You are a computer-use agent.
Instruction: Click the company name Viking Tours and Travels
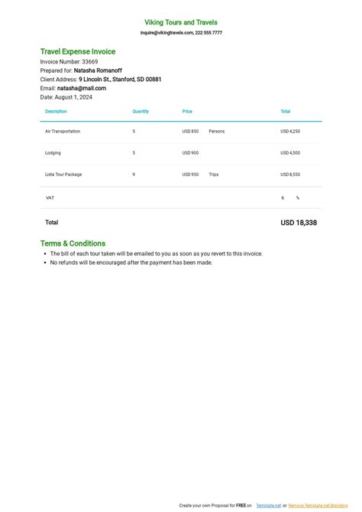tap(181, 22)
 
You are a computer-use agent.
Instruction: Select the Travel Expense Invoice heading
tap(78, 51)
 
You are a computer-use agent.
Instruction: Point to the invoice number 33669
tap(89, 61)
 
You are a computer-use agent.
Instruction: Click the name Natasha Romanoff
tap(98, 70)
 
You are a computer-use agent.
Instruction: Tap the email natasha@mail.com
tap(82, 89)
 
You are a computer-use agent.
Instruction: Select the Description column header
tap(56, 112)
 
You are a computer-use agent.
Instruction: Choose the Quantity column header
tap(141, 112)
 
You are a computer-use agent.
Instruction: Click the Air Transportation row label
tap(63, 132)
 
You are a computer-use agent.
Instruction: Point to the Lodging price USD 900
tap(190, 153)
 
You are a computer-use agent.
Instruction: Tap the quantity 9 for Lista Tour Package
tap(134, 174)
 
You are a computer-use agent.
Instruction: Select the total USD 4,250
tap(290, 132)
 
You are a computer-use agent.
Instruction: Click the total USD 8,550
tap(290, 174)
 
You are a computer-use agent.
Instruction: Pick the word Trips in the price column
tap(213, 174)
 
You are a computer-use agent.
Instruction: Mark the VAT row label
tap(50, 197)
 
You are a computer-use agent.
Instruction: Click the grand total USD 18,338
tap(299, 223)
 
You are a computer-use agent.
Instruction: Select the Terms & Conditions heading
tap(73, 243)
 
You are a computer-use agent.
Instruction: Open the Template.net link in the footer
tap(268, 506)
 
